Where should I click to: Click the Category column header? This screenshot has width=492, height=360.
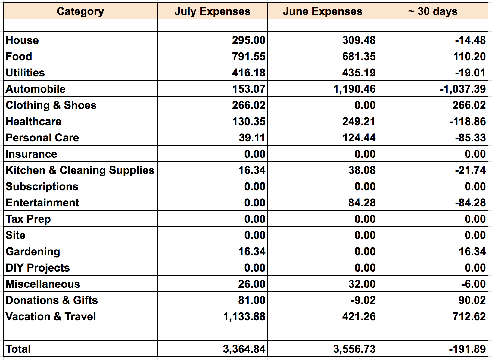click(80, 11)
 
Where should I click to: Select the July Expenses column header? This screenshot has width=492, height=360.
click(212, 11)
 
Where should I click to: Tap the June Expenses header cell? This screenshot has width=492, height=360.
click(322, 11)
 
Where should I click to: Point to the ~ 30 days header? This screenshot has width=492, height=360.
click(433, 11)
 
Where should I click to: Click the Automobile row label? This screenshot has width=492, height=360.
click(36, 89)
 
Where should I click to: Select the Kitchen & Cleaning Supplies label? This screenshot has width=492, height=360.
click(80, 170)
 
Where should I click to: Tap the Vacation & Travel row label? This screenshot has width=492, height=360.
click(51, 317)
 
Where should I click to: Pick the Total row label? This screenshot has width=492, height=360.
click(18, 349)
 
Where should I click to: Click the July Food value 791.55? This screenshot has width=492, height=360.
click(248, 57)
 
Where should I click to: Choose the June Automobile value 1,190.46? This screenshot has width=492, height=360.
click(354, 89)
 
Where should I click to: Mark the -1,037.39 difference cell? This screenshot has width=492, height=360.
click(462, 89)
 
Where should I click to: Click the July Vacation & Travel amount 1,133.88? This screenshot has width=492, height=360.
click(244, 317)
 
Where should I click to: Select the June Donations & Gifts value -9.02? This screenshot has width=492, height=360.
click(363, 300)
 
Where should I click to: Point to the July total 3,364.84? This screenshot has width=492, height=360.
click(244, 349)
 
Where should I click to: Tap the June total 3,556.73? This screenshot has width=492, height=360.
click(354, 349)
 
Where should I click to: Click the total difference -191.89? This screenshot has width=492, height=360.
click(467, 349)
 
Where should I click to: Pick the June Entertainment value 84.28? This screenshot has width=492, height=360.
click(362, 203)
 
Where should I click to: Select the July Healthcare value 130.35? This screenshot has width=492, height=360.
click(249, 122)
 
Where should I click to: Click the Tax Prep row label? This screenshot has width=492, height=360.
click(28, 219)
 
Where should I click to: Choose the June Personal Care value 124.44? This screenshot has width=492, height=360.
click(359, 138)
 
